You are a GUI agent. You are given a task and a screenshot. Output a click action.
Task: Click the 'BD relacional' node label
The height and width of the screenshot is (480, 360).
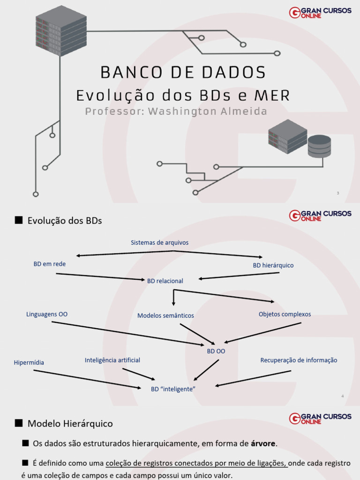[x=165, y=281]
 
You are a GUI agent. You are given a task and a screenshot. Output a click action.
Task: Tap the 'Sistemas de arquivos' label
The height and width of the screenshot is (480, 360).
[x=159, y=243]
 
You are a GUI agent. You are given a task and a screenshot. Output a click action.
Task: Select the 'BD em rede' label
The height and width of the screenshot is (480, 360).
[x=50, y=264]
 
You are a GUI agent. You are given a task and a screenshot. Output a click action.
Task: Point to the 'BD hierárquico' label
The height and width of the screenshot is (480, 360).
[x=273, y=265]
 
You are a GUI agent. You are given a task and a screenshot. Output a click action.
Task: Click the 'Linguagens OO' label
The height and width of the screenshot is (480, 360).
[x=47, y=315]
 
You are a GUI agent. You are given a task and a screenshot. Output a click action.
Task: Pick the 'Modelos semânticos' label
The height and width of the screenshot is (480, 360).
[x=165, y=316]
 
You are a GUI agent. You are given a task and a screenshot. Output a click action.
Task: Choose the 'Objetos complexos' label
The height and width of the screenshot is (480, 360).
[x=285, y=315]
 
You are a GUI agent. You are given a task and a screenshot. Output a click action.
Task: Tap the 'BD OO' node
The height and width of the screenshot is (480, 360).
[x=216, y=351]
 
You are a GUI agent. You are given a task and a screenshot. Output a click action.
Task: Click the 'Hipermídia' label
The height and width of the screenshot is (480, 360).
[x=29, y=363]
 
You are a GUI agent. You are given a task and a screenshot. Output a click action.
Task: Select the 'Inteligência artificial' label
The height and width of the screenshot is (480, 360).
[x=112, y=360]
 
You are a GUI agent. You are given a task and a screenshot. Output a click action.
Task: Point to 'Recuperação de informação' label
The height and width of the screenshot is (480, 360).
[x=299, y=360]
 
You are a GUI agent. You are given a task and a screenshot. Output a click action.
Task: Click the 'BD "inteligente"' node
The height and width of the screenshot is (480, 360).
[x=173, y=390]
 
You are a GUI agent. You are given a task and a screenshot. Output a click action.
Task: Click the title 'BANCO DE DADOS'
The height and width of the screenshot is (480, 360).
[x=183, y=73]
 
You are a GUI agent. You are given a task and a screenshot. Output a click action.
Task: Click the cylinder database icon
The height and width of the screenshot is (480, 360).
[x=319, y=146]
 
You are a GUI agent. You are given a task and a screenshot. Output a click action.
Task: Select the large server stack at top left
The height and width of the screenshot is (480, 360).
[x=61, y=30]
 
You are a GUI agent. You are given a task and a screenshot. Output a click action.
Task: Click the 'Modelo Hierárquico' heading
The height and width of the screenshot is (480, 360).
[x=70, y=424]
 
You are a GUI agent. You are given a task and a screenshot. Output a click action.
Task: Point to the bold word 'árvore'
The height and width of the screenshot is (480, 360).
[x=263, y=443]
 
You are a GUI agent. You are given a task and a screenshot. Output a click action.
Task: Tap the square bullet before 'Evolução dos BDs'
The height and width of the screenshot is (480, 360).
[x=19, y=220]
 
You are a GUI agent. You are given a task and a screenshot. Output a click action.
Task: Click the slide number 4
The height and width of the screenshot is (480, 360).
[x=343, y=397]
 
